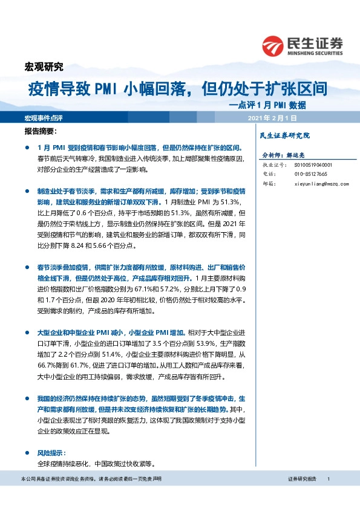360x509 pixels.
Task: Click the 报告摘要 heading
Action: click(41, 131)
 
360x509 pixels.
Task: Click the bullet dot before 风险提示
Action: click(27, 453)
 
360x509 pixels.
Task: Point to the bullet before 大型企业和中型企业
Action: click(27, 332)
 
